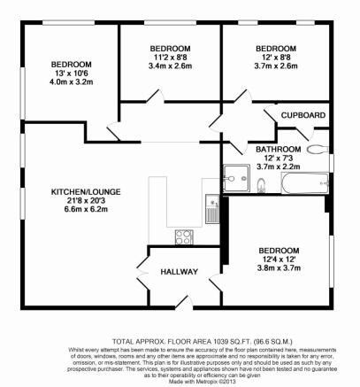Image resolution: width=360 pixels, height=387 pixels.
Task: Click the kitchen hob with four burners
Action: click(x=185, y=236)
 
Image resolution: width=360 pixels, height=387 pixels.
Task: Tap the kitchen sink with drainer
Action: click(x=211, y=211)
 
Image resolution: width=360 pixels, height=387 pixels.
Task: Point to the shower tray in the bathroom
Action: click(x=237, y=178)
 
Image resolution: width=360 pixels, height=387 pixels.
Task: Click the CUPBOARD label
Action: click(x=303, y=116)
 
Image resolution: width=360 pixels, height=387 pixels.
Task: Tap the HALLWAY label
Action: click(x=179, y=272)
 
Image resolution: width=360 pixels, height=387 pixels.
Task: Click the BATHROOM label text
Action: click(x=279, y=149)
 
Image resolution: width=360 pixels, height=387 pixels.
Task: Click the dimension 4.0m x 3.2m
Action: click(x=71, y=86)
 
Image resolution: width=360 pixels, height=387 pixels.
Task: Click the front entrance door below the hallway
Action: click(x=179, y=300)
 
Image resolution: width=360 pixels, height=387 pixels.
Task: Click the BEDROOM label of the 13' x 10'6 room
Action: click(x=71, y=65)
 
